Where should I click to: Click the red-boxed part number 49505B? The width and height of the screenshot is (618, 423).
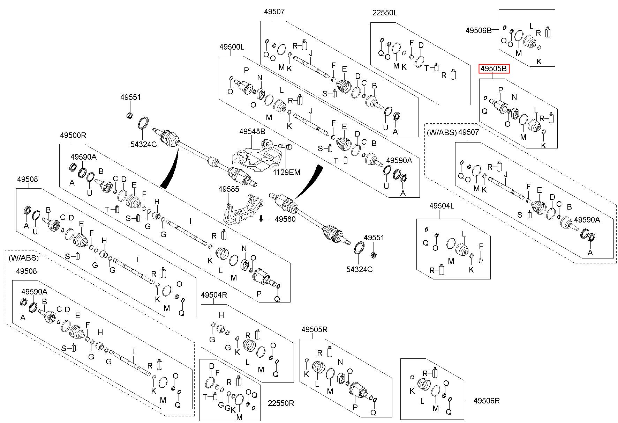pos(493,69)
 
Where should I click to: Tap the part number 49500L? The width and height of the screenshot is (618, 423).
pos(232,47)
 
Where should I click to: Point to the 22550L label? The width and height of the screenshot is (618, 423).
pos(385,13)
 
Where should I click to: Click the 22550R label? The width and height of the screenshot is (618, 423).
pos(281,403)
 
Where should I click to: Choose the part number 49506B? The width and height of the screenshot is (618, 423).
pos(478,30)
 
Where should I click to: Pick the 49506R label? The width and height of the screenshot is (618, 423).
pos(487,401)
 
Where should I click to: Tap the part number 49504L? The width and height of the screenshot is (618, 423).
pos(442,206)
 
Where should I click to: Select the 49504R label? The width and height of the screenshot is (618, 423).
pos(214,295)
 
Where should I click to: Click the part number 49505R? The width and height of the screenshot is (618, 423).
pos(315,329)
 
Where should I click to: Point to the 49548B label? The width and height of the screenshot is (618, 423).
pos(252,131)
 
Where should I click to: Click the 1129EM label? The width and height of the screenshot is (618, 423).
pos(286,172)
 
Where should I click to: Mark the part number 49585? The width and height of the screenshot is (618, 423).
pos(229,189)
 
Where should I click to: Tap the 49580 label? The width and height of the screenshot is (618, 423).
pos(285,219)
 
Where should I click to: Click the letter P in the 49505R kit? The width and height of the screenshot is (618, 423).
pos(355,407)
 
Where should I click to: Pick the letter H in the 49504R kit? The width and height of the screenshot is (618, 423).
pos(221,315)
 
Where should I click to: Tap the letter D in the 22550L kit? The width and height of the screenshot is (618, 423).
pos(421,45)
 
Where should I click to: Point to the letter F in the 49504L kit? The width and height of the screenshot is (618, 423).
pos(481,247)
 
